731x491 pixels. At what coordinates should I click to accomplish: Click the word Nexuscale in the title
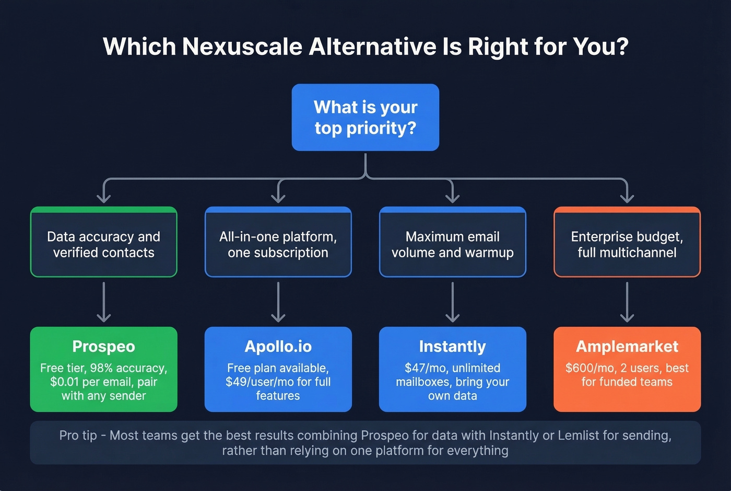tap(242, 47)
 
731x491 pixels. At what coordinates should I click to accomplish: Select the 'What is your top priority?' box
tap(365, 117)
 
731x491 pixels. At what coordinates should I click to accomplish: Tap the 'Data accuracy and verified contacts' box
tap(104, 242)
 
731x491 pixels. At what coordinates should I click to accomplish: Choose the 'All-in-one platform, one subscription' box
tap(278, 242)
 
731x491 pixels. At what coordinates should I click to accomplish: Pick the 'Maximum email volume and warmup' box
tap(453, 242)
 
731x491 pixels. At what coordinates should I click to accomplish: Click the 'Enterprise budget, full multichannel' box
tap(627, 242)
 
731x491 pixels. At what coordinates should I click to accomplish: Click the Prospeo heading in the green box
tap(104, 346)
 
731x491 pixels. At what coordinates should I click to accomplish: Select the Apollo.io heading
tap(278, 346)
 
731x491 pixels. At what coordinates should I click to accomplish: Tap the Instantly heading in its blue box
tap(453, 346)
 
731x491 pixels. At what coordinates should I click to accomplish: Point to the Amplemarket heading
tap(627, 346)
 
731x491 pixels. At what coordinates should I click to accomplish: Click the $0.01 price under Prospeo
tap(64, 382)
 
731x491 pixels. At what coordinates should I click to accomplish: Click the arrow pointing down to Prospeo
tap(104, 302)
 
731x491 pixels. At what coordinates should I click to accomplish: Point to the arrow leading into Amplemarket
tap(627, 302)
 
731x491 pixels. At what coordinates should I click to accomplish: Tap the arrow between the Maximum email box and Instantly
tap(453, 302)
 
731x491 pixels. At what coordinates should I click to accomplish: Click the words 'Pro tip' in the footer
tap(78, 435)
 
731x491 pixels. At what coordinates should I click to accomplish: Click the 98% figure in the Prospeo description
tap(102, 368)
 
